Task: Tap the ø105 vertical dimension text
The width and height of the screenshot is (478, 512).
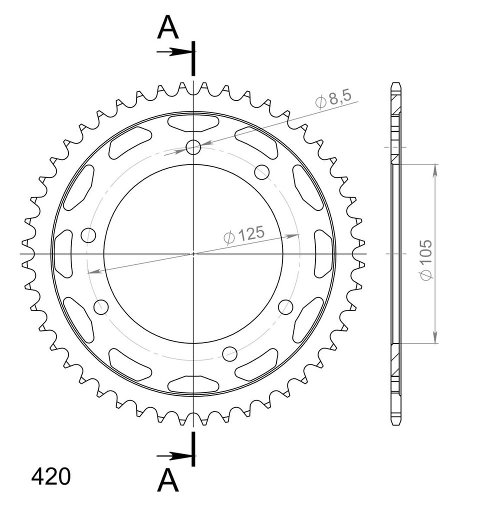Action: point(426,259)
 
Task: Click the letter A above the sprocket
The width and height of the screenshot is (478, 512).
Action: point(168,28)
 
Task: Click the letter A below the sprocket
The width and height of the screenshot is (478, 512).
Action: point(168,480)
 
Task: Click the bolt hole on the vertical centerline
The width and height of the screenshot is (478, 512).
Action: point(193,147)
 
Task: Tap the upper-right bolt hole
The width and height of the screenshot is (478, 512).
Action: point(262,172)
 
